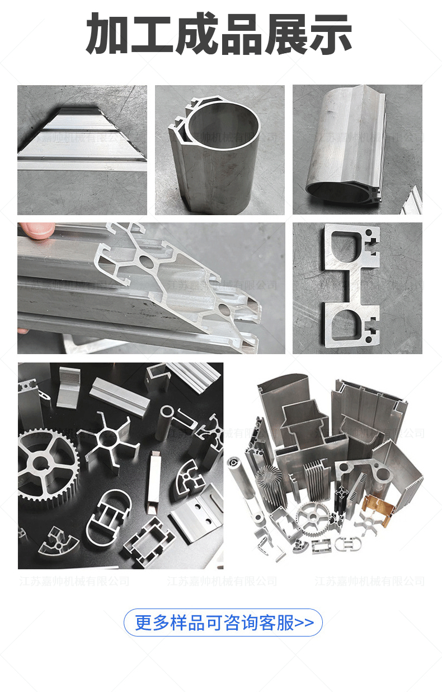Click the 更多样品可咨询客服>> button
click(223, 623)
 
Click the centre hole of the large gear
click(40, 463)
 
